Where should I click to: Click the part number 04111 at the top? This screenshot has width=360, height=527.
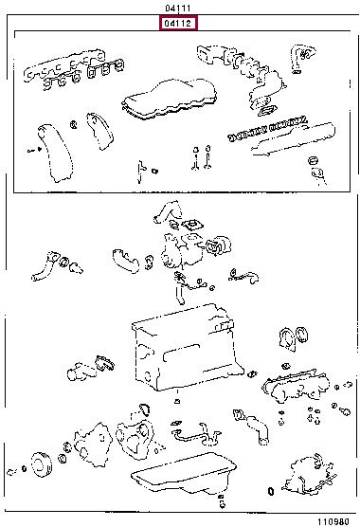click(x=178, y=9)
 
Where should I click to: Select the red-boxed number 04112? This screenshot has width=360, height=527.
click(x=178, y=23)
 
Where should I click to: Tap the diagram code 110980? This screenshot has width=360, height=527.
click(x=333, y=521)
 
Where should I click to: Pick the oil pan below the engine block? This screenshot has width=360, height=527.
click(x=184, y=474)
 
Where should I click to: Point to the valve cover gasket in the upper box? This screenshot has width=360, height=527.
click(x=169, y=99)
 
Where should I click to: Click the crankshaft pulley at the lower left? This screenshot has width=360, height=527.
click(x=42, y=464)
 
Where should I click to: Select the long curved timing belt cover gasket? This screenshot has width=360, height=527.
click(x=54, y=153)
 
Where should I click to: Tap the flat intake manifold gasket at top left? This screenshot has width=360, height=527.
click(x=63, y=66)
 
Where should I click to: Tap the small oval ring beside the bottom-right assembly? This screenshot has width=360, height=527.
click(x=271, y=491)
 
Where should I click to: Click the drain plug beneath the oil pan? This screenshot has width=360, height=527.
click(x=221, y=501)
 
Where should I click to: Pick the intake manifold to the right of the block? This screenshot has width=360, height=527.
click(x=296, y=387)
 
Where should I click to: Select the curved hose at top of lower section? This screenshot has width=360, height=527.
click(x=168, y=211)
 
